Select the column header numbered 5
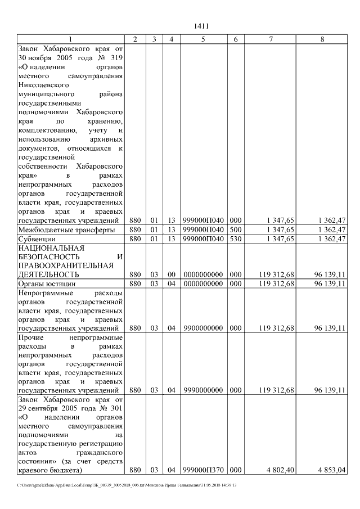203,39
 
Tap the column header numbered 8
322,39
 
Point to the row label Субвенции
37,238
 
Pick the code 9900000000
203,328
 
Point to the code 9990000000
203,390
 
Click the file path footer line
127,485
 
